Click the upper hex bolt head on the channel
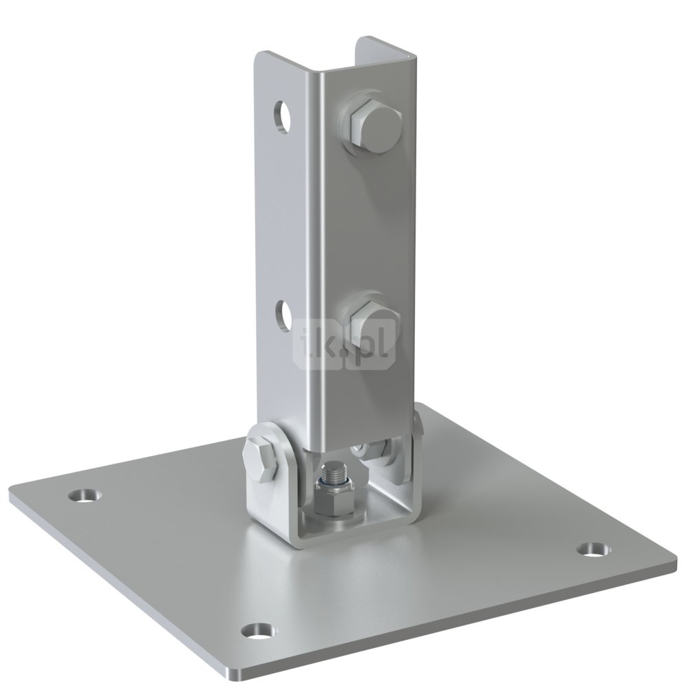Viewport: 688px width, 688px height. [x=376, y=127]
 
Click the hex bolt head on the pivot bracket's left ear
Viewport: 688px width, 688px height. [x=261, y=458]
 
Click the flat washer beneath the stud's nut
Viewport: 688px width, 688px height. [x=334, y=520]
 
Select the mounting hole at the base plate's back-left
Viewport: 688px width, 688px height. [x=85, y=495]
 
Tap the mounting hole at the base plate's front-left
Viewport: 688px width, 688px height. [x=261, y=632]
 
